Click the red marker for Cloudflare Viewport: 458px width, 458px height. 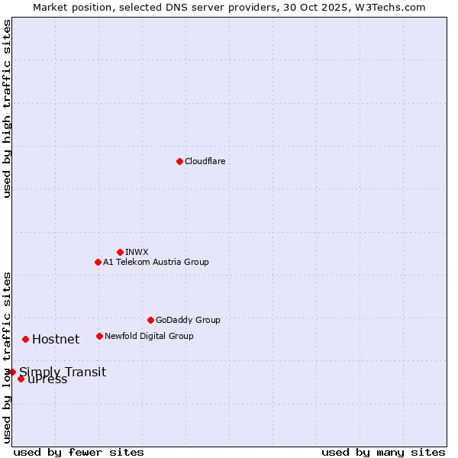coord(179,161)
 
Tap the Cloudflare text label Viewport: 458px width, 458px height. coord(205,162)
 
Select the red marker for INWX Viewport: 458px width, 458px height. coord(120,252)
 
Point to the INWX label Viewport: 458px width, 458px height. coord(137,253)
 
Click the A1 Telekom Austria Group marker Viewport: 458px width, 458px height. coord(98,262)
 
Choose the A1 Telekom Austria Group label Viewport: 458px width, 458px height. coord(156,263)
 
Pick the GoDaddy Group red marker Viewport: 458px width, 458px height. coord(150,320)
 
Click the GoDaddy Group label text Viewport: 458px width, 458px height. coord(188,321)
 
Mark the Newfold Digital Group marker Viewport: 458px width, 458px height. coord(99,336)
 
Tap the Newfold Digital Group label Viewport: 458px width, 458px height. coord(149,337)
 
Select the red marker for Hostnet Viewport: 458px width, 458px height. coord(25,339)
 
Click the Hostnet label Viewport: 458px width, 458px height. coord(56,340)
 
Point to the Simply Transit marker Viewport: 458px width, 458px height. coord(12,372)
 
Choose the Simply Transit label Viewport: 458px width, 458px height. coord(63,373)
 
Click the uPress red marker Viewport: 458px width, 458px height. coord(21,379)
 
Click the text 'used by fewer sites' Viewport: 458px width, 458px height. coord(79,452)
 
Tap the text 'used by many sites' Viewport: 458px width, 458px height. coord(383,452)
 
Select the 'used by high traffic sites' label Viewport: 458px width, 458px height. coord(7,108)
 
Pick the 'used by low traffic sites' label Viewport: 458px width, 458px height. coord(7,357)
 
